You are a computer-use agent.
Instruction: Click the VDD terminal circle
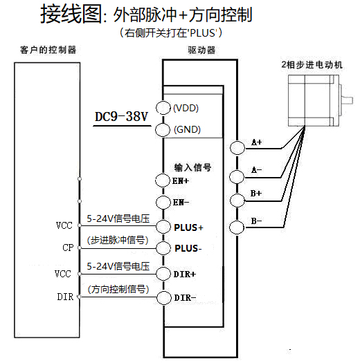(163, 107)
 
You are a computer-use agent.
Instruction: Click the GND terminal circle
(163, 129)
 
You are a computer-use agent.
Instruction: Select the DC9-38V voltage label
(122, 117)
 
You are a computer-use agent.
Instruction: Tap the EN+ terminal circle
(163, 180)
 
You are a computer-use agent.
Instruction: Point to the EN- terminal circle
(163, 203)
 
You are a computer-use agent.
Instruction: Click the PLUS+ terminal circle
(163, 226)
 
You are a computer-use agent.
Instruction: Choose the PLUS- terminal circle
(163, 248)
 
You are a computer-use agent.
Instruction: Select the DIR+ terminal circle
(163, 274)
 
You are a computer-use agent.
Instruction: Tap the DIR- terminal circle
(163, 298)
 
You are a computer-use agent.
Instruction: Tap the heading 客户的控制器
(48, 50)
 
